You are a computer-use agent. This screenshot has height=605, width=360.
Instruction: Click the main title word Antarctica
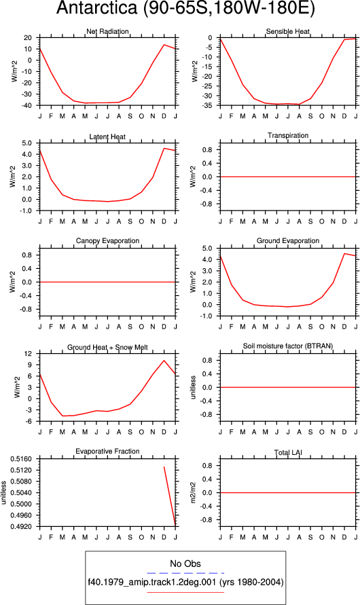96,8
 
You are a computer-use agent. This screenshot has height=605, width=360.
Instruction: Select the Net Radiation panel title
107,31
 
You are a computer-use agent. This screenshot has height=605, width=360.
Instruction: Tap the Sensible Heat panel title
288,31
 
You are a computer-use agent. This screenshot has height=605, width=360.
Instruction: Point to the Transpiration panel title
288,135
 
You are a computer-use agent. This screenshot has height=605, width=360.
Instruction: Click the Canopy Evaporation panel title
107,241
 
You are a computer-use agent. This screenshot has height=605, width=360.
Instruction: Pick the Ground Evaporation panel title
288,241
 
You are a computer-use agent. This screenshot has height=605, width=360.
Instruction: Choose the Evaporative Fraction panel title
107,451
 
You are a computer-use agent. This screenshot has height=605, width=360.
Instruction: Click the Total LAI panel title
288,452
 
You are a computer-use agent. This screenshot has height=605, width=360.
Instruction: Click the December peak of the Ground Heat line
164,361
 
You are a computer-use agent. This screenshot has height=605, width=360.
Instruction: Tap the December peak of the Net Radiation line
164,45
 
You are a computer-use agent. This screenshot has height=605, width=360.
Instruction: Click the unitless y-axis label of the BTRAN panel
194,388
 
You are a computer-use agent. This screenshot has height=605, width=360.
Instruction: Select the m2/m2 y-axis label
194,493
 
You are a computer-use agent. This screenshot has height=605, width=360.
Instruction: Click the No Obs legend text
185,564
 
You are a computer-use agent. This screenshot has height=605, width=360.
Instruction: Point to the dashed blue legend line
185,573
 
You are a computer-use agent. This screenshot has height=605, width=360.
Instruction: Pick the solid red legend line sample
185,592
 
